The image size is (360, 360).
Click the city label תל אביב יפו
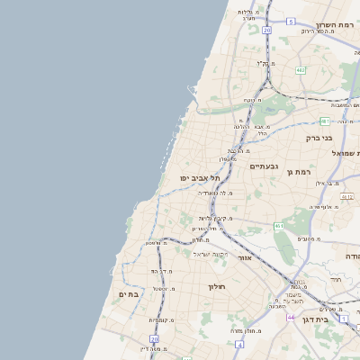(x=199, y=178)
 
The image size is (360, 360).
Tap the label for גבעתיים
(x=264, y=166)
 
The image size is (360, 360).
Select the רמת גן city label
(x=298, y=171)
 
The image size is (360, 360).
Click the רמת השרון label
(x=337, y=25)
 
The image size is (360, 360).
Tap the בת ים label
(x=129, y=294)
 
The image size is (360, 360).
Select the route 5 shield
(x=291, y=21)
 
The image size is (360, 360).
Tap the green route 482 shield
(x=300, y=69)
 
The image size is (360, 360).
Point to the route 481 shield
(x=325, y=121)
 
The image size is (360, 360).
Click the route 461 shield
(x=279, y=225)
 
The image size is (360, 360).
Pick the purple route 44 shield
(x=291, y=317)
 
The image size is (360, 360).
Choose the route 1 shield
(x=343, y=318)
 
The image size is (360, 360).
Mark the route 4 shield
(x=238, y=344)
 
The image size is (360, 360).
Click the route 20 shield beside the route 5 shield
(x=266, y=30)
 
